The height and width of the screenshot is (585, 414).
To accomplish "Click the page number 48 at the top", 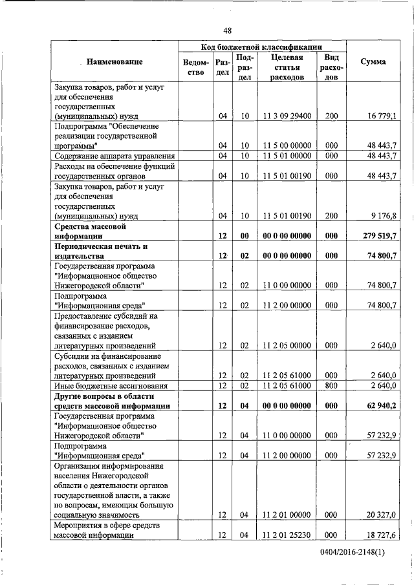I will point(227,30).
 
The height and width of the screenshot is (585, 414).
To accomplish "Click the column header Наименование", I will point(114,62).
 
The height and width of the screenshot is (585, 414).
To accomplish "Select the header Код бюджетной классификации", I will point(262,47).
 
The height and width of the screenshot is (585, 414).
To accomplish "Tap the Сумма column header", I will point(373,62).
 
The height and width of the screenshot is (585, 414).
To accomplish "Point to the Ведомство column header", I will point(196,68).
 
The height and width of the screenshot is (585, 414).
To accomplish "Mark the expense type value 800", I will point(331,386).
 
